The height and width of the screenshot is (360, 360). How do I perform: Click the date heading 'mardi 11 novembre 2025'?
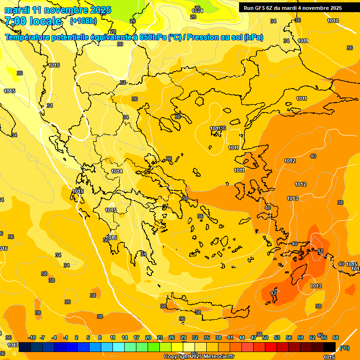point(58,10)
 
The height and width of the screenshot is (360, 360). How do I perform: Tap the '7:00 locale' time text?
point(33,21)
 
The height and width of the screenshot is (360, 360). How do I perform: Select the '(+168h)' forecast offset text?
point(83,21)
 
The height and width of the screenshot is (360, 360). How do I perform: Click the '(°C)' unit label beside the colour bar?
point(344,347)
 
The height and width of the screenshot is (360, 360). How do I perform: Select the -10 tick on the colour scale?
point(32,337)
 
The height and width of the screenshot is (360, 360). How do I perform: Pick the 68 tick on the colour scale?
point(336,337)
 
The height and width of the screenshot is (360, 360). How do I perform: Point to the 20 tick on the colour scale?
point(148,337)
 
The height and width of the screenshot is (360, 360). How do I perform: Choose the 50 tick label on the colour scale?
point(265,337)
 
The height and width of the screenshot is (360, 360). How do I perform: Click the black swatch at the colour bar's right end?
point(330,347)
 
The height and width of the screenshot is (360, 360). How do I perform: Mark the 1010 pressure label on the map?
point(333,21)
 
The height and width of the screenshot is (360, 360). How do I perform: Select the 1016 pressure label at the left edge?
point(3,248)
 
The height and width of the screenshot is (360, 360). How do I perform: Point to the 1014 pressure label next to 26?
point(197,10)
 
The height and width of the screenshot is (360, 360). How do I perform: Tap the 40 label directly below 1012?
point(268,207)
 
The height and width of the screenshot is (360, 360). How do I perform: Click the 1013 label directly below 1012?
point(292,198)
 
